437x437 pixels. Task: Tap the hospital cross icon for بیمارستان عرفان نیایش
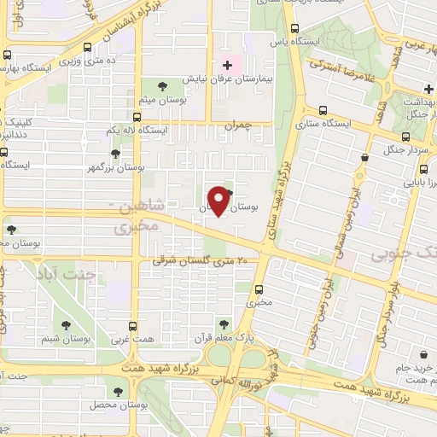point(226,66)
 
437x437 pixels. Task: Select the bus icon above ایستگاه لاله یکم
point(137,116)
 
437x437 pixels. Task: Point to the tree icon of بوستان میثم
point(163,84)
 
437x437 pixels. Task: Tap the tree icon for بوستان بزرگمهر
point(114,154)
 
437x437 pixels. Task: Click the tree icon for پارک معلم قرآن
point(224,323)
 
